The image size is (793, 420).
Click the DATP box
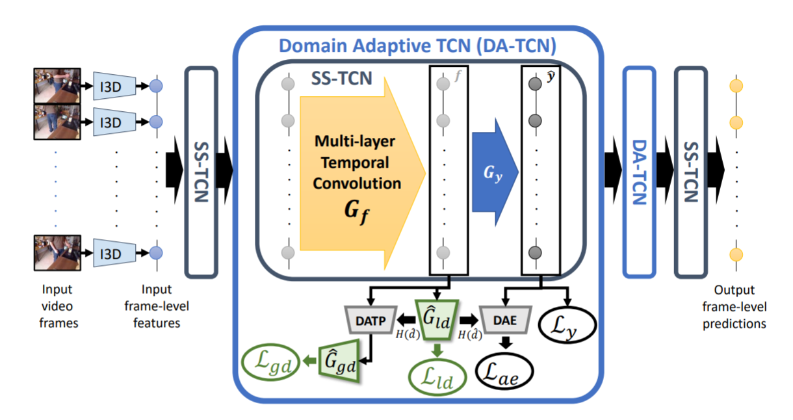click(x=370, y=320)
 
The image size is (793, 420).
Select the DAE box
click(x=505, y=320)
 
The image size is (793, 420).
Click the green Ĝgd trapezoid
click(x=339, y=361)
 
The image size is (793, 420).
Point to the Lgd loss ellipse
click(x=271, y=362)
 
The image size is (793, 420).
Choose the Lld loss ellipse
click(x=437, y=377)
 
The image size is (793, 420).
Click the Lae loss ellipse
click(x=504, y=371)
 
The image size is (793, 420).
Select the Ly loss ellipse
click(x=567, y=324)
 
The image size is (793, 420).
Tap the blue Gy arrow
click(x=495, y=172)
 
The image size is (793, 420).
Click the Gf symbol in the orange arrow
click(x=356, y=211)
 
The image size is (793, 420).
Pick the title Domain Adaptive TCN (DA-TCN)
click(x=418, y=46)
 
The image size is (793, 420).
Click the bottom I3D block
click(x=114, y=253)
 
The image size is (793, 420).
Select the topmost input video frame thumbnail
click(x=57, y=86)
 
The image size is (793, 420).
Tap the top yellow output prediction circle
click(x=736, y=86)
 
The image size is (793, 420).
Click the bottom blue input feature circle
click(x=156, y=253)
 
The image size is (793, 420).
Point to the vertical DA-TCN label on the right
click(x=640, y=172)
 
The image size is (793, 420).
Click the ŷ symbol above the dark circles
click(x=551, y=76)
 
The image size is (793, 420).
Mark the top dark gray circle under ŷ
click(x=536, y=84)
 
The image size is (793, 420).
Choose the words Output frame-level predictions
click(x=734, y=307)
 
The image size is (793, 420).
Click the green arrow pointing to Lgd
click(x=310, y=361)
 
